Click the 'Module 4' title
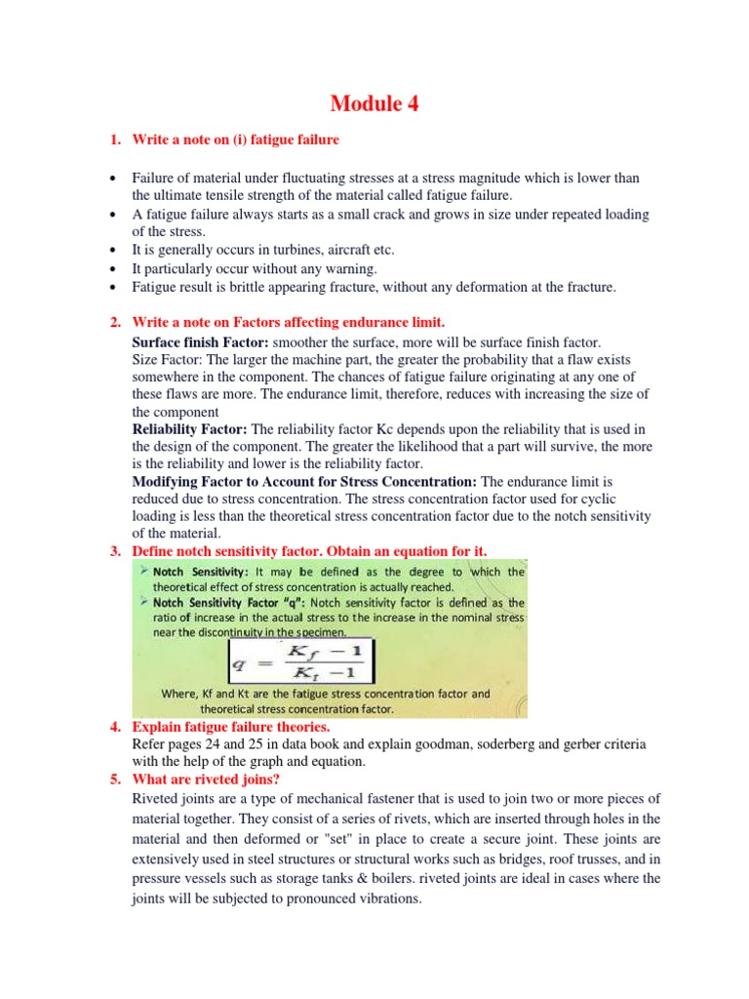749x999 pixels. tap(374, 103)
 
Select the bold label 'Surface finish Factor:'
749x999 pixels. tap(201, 342)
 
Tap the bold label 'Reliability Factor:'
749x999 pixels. tap(190, 429)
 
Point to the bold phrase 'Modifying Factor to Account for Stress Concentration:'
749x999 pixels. tap(304, 482)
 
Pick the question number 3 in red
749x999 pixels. tap(115, 552)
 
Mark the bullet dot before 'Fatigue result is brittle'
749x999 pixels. tap(115, 287)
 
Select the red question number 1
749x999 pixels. tap(115, 140)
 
